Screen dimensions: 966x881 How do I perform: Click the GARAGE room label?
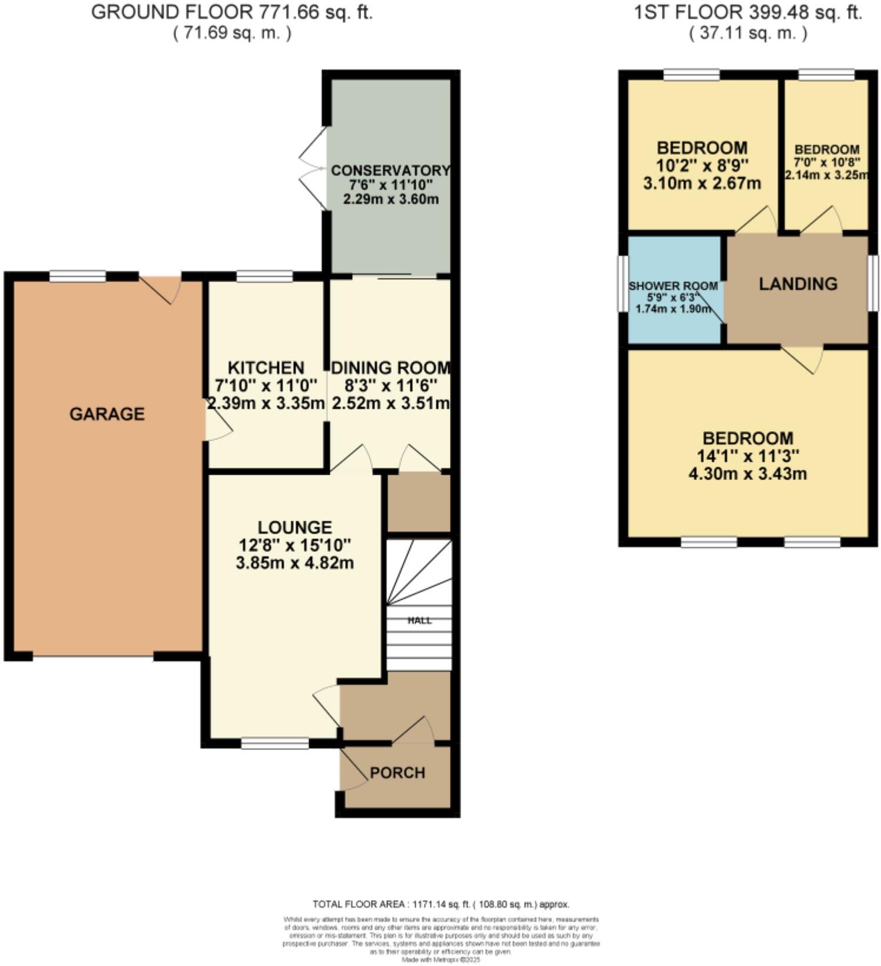[x=107, y=414]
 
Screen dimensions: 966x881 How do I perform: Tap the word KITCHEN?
[x=266, y=368]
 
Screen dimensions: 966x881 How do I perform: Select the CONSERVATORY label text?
[x=390, y=171]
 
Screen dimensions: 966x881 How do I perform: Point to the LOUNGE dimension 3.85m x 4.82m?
[x=294, y=563]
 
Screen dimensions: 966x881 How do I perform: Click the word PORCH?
[x=398, y=773]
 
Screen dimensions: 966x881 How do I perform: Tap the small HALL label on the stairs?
[x=419, y=620]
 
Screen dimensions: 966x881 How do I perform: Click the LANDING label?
[x=798, y=284]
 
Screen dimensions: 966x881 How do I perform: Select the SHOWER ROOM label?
[x=673, y=286]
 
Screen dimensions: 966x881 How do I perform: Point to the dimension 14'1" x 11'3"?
[x=748, y=456]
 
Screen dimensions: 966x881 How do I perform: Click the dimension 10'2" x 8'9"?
[x=702, y=165]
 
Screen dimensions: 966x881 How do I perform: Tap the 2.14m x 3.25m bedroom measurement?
[x=826, y=175]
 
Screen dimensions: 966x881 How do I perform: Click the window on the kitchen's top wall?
[x=264, y=276]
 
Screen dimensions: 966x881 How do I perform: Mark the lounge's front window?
[x=274, y=744]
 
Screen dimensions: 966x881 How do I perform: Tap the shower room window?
[x=622, y=283]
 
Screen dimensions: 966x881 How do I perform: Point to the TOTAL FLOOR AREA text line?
[x=440, y=904]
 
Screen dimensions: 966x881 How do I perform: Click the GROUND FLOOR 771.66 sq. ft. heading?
[x=232, y=12]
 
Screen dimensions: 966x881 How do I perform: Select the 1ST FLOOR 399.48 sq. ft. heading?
[x=748, y=12]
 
